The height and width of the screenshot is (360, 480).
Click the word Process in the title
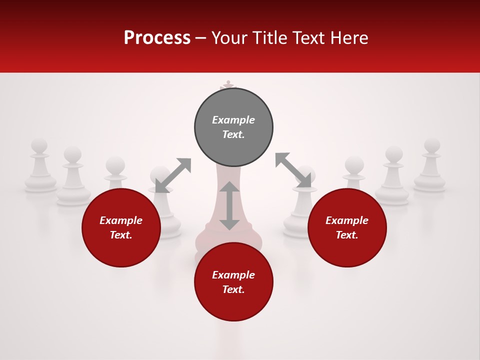coord(157,38)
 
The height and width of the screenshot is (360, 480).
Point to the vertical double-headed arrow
coord(229,205)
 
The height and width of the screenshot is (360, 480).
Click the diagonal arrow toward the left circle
coord(173,175)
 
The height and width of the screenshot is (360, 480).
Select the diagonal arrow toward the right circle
coord(293,170)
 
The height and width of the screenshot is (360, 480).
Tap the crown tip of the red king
coord(228,83)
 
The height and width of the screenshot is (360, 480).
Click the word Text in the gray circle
coord(233,134)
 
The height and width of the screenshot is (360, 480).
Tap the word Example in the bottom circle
coord(233,275)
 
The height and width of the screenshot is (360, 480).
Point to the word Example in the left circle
coord(121,220)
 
